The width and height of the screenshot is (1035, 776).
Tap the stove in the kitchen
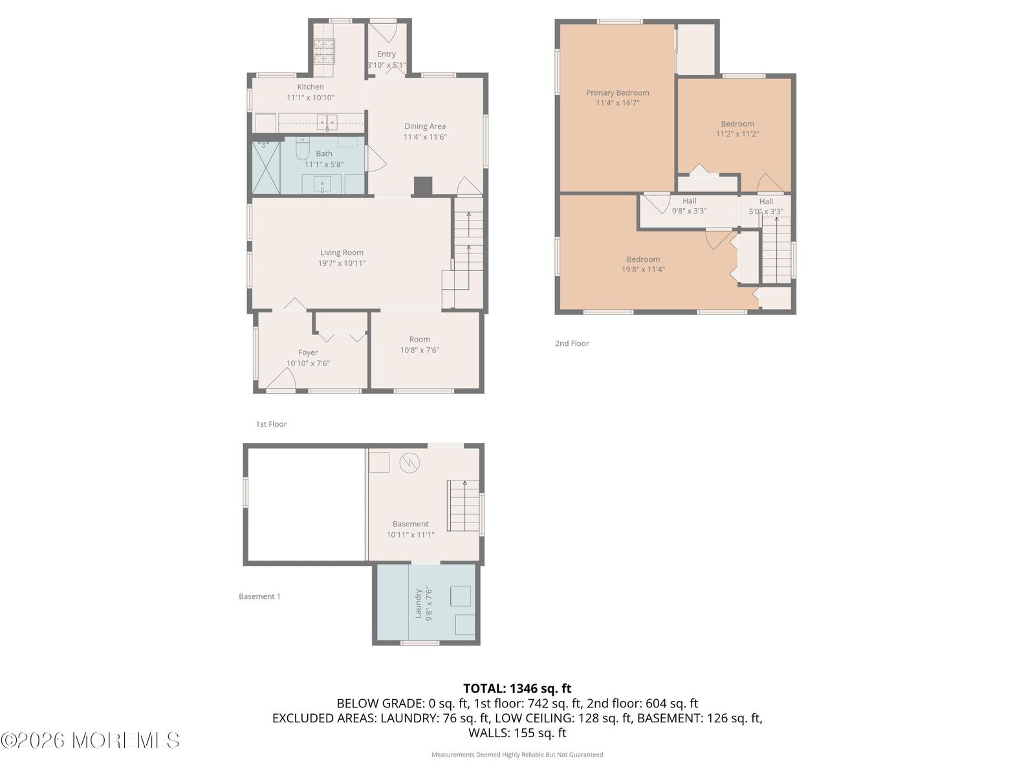(x=325, y=50)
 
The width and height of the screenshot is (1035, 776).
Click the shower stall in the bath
(x=265, y=168)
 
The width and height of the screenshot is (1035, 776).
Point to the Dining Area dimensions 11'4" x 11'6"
(x=425, y=137)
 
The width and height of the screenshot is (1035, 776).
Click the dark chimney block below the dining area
(x=422, y=186)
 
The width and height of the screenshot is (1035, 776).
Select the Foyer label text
(x=308, y=353)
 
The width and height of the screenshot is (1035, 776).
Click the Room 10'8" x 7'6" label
(x=419, y=345)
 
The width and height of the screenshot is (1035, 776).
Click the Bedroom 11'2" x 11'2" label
(x=737, y=129)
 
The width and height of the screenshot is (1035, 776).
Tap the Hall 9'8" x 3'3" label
(x=689, y=206)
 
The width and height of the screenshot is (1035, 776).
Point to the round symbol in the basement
(x=409, y=462)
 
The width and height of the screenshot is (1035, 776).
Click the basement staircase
(x=464, y=506)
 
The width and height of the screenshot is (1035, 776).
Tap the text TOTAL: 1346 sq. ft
(x=517, y=689)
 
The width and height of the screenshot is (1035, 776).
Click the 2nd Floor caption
(x=572, y=343)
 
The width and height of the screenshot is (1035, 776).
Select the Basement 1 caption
(x=259, y=596)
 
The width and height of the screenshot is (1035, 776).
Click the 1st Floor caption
(x=271, y=424)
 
